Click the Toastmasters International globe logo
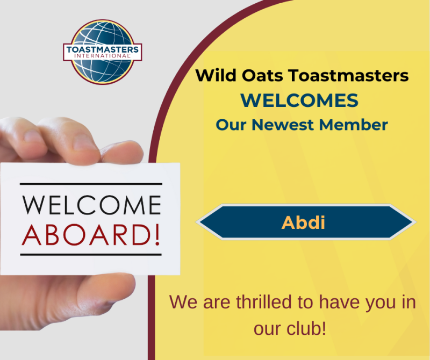coord(103,52)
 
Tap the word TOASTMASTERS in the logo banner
coord(103,49)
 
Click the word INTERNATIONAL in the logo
coord(102,56)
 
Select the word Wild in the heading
coord(216,75)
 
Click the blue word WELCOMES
coord(299,100)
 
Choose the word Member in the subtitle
coord(354,125)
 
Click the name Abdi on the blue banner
coord(303,222)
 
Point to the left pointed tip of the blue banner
coord(196,222)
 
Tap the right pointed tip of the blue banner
coord(416,222)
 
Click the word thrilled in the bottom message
coord(264,302)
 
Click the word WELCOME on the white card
coord(91,205)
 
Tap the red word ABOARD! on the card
coord(91,235)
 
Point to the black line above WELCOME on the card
coord(91,184)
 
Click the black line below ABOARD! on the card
coord(91,255)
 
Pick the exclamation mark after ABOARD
coord(157,235)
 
